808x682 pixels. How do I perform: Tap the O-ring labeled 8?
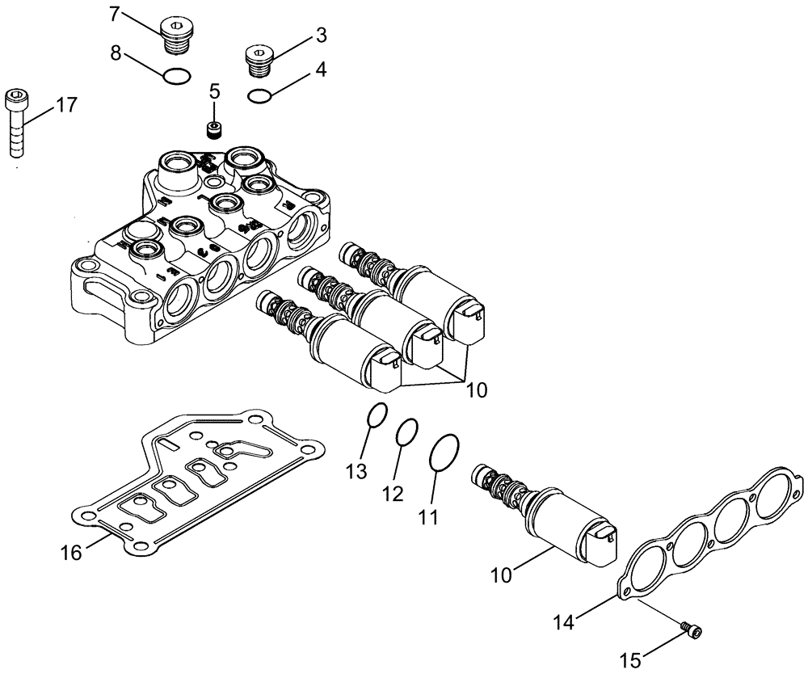(177, 77)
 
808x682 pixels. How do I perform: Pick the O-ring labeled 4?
(259, 96)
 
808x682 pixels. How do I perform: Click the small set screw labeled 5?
(215, 128)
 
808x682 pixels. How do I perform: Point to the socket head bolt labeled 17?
(17, 121)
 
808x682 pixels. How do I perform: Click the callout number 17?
(66, 105)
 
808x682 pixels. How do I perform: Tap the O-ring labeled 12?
(407, 432)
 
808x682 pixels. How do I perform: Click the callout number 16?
(71, 553)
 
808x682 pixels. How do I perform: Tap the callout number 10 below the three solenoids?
(477, 390)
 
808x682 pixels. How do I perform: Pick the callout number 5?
(214, 91)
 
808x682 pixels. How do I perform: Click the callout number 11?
(430, 516)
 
